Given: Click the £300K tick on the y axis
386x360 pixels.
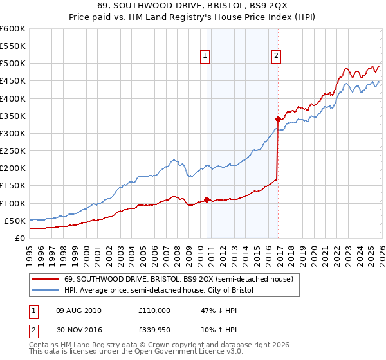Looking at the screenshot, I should (13, 133).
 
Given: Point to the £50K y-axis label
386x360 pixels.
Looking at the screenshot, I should (15, 221).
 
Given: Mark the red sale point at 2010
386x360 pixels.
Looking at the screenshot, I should (207, 199).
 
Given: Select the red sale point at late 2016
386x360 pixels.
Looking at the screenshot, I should (278, 119).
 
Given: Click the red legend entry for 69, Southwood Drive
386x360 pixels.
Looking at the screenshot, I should (179, 279).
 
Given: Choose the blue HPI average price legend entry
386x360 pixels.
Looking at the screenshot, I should (159, 291).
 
